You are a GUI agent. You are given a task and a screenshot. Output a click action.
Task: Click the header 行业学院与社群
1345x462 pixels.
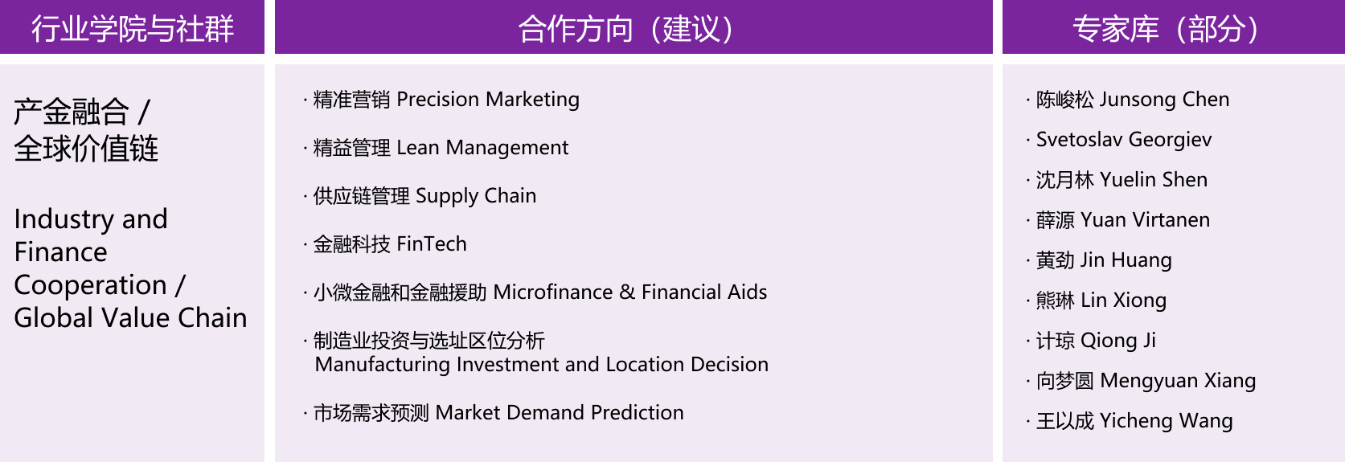(132, 28)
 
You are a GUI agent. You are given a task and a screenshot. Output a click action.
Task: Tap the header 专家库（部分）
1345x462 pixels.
(1166, 28)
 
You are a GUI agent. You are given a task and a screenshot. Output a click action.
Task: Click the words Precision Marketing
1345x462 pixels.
(488, 100)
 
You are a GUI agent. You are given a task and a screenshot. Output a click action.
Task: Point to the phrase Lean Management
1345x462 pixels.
(482, 148)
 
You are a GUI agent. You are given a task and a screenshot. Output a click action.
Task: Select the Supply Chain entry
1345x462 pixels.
(476, 196)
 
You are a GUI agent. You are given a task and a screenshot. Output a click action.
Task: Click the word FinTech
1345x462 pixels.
(432, 243)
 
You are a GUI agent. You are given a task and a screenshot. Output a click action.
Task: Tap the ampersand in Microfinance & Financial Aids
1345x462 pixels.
(627, 292)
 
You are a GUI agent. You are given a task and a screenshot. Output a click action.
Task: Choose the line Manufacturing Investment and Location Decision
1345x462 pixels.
(542, 365)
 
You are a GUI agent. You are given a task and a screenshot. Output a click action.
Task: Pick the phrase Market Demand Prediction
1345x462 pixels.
(560, 413)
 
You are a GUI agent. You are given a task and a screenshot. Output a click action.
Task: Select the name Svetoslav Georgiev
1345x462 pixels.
(1124, 140)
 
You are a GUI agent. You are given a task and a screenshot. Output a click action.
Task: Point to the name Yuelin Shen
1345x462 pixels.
(1154, 180)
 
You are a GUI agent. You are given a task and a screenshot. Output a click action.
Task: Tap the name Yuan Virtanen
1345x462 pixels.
(1145, 220)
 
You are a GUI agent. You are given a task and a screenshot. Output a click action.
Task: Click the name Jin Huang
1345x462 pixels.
(1126, 260)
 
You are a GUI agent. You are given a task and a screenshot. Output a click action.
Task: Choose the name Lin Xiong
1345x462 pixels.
(1123, 301)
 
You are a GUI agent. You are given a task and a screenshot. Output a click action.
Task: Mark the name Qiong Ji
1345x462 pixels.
(1118, 341)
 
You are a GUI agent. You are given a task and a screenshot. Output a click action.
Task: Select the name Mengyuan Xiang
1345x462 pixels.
(1178, 381)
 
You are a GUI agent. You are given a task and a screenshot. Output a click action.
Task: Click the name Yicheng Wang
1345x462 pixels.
(1167, 421)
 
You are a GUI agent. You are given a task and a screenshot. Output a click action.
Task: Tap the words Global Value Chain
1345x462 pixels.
(130, 318)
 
